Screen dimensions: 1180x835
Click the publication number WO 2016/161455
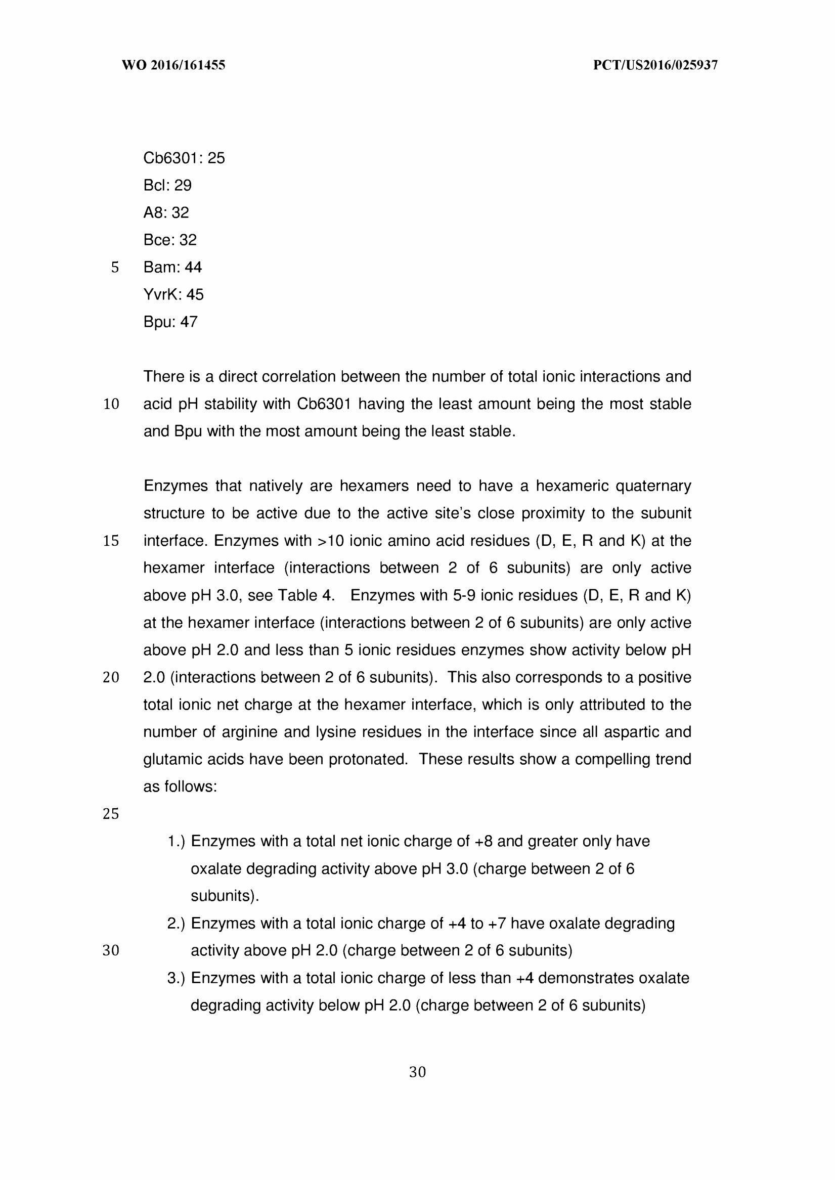(173, 65)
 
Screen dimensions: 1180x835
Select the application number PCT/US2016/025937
(655, 65)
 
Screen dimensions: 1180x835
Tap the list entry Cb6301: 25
(184, 158)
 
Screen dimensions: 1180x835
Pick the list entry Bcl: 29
(167, 185)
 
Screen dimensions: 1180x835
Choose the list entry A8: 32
(166, 212)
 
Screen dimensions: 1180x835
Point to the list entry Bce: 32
(169, 240)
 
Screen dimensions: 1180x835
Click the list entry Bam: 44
(172, 267)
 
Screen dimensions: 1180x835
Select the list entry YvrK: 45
(173, 294)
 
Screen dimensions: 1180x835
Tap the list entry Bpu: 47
(170, 321)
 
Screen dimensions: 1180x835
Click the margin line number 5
(115, 268)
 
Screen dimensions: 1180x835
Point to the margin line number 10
(111, 404)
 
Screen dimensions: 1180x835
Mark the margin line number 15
(111, 541)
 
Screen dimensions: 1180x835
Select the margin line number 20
(111, 678)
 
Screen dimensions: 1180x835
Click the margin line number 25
(111, 814)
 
